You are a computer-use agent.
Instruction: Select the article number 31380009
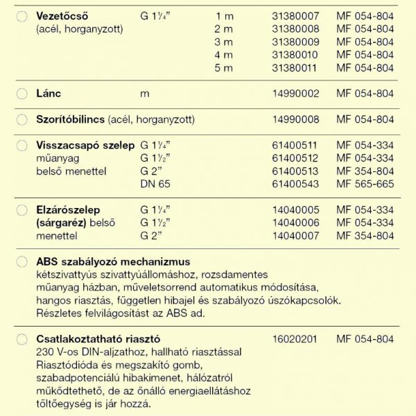[x=297, y=42]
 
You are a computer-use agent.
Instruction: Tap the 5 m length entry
[x=224, y=68]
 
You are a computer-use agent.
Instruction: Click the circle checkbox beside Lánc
[x=21, y=93]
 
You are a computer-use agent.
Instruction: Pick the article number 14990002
[x=297, y=93]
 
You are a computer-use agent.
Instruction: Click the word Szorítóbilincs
[x=70, y=119]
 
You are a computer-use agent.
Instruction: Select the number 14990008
[x=297, y=119]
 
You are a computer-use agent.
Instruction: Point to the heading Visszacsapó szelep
[x=85, y=145]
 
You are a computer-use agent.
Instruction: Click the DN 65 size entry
[x=155, y=184]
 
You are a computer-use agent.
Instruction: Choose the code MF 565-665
[x=365, y=184]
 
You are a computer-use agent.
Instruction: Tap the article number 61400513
[x=297, y=171]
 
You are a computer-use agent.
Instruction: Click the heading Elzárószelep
[x=68, y=209]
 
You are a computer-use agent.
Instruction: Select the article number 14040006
[x=297, y=223]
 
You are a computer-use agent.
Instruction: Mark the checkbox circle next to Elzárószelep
[x=21, y=210]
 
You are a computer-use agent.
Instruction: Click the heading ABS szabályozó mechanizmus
[x=112, y=261]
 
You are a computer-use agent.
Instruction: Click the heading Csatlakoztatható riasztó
[x=98, y=339]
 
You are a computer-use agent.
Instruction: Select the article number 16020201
[x=297, y=339]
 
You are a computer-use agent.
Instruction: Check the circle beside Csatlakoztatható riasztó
[x=21, y=340]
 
